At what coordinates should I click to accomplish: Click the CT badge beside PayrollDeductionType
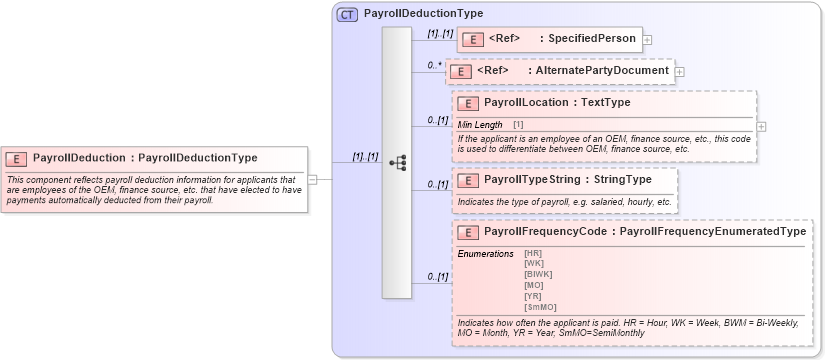point(347,14)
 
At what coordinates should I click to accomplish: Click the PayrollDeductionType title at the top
point(423,14)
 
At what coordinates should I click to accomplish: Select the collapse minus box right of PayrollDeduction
point(313,179)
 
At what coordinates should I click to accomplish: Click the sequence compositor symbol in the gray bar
point(396,162)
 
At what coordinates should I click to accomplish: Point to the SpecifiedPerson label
point(591,39)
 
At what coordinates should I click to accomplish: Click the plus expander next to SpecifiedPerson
point(648,40)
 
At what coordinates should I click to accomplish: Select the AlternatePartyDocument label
point(602,71)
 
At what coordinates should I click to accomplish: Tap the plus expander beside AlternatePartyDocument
point(680,72)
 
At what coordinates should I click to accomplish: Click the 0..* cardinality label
point(434,65)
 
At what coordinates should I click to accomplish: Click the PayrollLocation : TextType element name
point(557,102)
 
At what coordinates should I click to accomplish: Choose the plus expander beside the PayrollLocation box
point(762,126)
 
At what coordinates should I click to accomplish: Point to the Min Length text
point(481,125)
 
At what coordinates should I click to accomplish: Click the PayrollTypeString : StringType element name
point(567,179)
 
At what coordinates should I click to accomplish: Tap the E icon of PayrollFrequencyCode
point(468,232)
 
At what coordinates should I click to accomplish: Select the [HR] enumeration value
point(533,253)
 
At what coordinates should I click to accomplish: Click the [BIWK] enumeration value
point(538,274)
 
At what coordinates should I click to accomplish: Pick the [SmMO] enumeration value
point(540,307)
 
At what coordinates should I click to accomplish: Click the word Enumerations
point(485,253)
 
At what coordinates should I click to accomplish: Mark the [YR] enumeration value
point(533,296)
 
